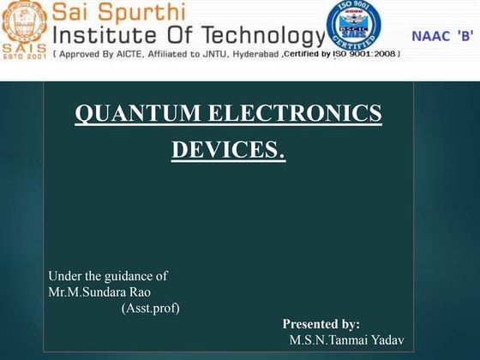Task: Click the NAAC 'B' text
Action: coord(443,36)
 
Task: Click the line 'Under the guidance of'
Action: coord(108,276)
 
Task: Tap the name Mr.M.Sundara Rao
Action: coord(99,291)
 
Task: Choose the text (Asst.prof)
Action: coord(151,308)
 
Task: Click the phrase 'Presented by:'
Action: coord(321,324)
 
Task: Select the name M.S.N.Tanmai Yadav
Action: coord(345,340)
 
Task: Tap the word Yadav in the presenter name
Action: coord(385,340)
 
